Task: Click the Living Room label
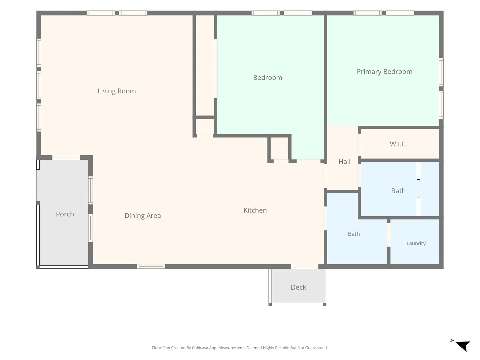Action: pos(117,91)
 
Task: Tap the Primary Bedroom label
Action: pos(384,72)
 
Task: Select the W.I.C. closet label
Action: pos(398,144)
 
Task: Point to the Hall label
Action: pos(344,162)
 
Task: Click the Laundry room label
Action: pos(416,243)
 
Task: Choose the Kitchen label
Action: pos(255,210)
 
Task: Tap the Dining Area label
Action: pos(143,216)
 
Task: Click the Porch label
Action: pos(65,214)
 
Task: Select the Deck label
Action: pos(298,287)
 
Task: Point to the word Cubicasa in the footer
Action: pos(200,348)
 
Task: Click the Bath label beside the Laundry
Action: pos(354,234)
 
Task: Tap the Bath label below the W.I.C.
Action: pos(398,191)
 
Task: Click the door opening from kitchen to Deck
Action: pos(305,266)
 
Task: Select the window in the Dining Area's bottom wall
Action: pos(151,266)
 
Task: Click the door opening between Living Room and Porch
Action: pos(66,157)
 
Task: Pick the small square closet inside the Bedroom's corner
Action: pos(279,149)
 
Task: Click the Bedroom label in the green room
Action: pos(267,78)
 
